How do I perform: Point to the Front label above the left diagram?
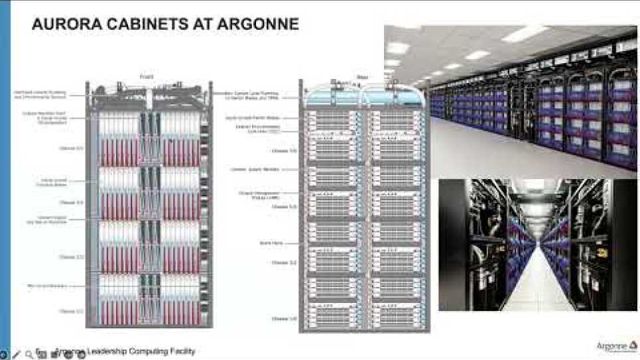(x=147, y=77)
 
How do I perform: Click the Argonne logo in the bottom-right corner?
(x=615, y=347)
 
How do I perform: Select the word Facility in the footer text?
(x=180, y=351)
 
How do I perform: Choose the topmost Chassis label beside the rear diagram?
(x=282, y=150)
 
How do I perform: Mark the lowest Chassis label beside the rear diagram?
(x=282, y=319)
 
